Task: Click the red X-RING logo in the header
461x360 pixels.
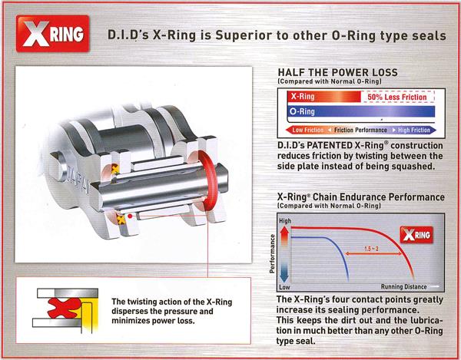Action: (x=53, y=34)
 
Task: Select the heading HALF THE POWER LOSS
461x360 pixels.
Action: (x=337, y=72)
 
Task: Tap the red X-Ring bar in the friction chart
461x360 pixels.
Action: (x=324, y=97)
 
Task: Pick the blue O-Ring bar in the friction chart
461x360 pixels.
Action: (x=361, y=111)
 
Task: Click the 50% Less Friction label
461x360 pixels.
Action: (x=397, y=97)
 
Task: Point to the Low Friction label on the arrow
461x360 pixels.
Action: (x=307, y=130)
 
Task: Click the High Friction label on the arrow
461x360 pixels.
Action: (x=414, y=130)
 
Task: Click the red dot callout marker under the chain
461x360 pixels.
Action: (x=130, y=216)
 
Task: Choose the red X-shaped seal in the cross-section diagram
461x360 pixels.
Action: (x=64, y=308)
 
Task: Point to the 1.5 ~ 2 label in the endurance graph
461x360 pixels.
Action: (x=371, y=249)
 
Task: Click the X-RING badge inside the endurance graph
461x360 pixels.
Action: (x=416, y=235)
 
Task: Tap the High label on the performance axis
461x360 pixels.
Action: (x=285, y=221)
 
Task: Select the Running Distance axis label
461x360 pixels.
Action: (x=403, y=286)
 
